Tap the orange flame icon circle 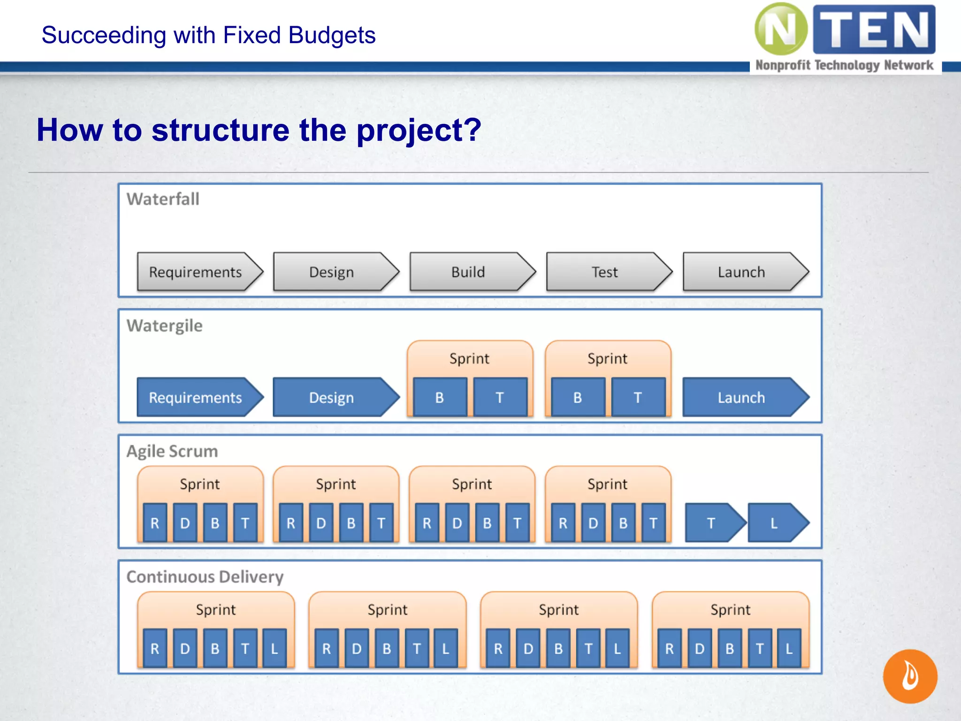910,676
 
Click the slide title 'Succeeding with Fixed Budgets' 208,35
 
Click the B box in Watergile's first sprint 440,397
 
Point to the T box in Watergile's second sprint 638,397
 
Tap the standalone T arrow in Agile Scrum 713,522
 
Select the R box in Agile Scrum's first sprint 155,522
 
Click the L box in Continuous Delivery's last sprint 789,648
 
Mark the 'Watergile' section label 165,325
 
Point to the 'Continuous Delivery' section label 205,576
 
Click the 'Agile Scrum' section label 172,451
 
